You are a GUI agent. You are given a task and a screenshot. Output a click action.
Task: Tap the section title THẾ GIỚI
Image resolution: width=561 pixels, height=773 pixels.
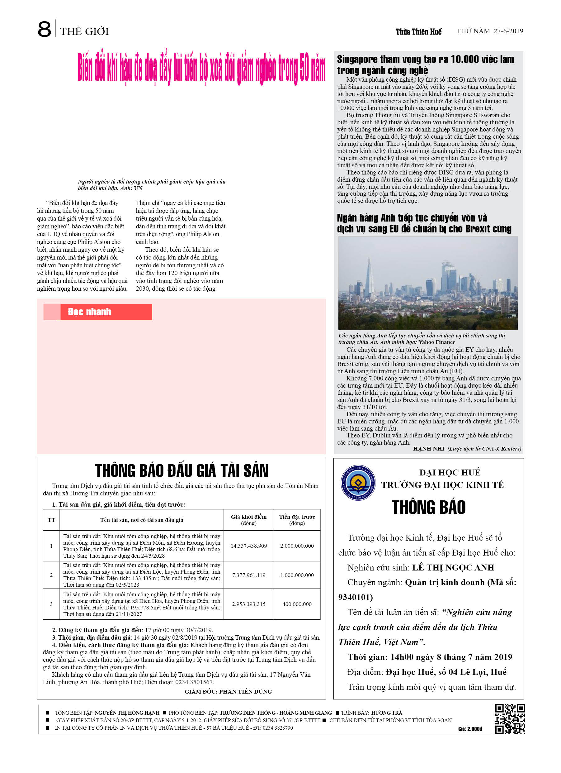[84, 31]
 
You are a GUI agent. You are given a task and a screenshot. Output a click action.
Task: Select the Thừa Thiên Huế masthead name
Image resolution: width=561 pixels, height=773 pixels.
[418, 32]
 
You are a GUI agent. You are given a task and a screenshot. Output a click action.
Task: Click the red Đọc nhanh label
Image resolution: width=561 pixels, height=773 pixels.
[90, 312]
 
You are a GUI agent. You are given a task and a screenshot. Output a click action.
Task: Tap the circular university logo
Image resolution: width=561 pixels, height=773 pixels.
[358, 483]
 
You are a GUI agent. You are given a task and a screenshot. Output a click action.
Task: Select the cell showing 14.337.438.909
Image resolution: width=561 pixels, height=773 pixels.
[249, 546]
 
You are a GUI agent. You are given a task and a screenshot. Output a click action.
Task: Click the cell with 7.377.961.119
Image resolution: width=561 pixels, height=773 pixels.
[249, 575]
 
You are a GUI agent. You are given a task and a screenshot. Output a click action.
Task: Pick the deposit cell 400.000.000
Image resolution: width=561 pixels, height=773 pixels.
[297, 604]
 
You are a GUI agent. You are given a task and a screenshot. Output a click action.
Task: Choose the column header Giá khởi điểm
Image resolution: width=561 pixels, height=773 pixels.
[249, 520]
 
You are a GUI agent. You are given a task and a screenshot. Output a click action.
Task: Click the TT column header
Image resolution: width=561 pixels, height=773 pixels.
[51, 520]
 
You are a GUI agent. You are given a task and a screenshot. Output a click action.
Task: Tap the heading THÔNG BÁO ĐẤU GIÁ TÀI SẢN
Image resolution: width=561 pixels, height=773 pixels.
[181, 471]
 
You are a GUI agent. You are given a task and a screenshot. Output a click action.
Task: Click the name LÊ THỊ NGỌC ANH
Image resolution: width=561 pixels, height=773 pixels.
[453, 567]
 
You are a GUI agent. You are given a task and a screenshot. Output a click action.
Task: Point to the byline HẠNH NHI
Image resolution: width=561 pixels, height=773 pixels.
[428, 449]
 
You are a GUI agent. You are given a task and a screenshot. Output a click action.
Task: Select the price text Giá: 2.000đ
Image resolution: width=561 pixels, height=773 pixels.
[470, 729]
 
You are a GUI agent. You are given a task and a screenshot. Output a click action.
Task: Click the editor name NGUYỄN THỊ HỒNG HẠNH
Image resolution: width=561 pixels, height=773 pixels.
[127, 713]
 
